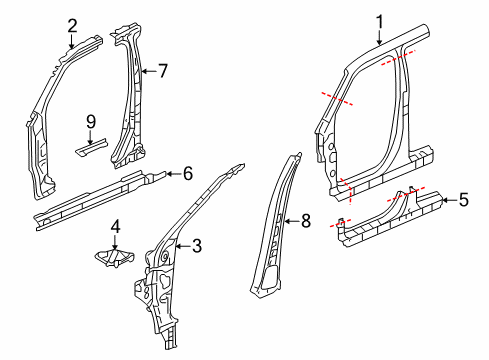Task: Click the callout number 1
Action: pos(379,20)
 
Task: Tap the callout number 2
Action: pos(72,25)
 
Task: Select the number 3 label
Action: pos(197,244)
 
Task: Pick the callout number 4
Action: pos(116,225)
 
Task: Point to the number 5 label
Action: pos(462,201)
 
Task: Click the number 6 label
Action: pos(187,173)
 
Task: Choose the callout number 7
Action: pos(163,70)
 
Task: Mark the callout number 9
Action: pos(90,121)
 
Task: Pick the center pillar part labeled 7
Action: pos(130,100)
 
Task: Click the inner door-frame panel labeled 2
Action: pos(45,120)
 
